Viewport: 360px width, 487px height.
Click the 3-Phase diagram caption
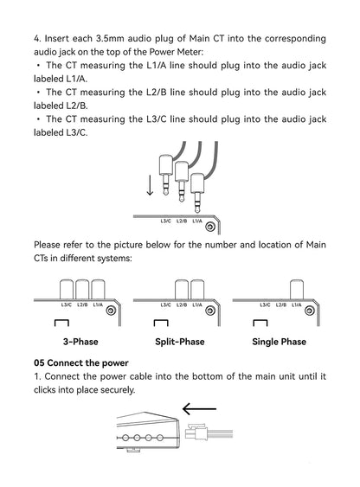(x=80, y=342)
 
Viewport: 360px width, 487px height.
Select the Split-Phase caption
(x=180, y=342)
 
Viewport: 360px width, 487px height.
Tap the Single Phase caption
(x=280, y=342)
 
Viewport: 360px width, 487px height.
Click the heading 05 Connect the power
(x=81, y=362)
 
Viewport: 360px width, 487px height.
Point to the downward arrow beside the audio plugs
(x=150, y=185)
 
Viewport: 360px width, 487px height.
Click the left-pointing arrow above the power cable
(x=199, y=409)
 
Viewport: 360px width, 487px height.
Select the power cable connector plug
(x=196, y=433)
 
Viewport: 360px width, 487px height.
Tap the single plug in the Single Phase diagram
(x=297, y=290)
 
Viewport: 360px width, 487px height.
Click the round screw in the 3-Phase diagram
(x=111, y=311)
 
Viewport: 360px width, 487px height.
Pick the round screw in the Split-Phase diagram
(x=210, y=311)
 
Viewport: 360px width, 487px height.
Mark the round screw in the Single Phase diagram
(x=309, y=311)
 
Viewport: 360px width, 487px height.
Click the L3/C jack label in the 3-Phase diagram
(x=66, y=305)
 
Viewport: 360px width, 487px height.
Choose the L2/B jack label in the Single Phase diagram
(x=280, y=305)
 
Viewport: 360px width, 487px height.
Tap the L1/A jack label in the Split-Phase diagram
(x=197, y=305)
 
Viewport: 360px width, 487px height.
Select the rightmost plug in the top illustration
(x=197, y=193)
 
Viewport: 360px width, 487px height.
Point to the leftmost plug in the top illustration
(x=166, y=175)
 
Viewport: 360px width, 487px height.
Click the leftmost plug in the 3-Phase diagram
(x=66, y=290)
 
